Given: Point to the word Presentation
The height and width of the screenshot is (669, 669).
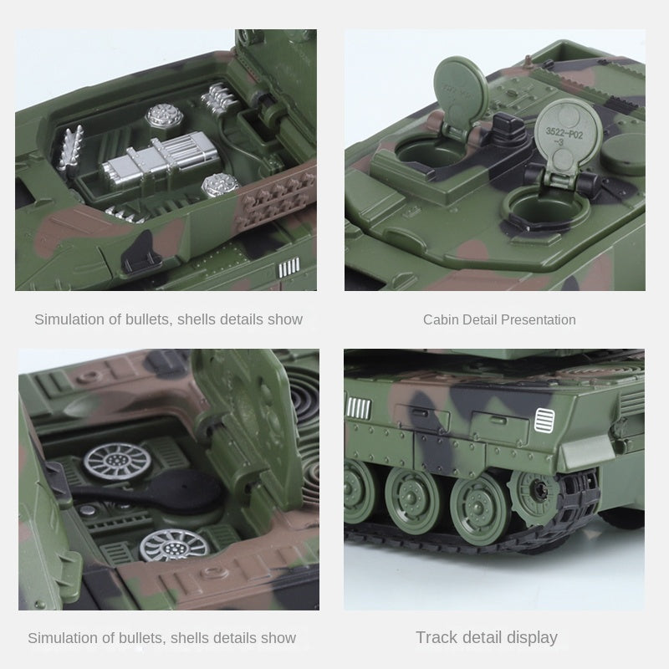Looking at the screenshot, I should click(x=535, y=319).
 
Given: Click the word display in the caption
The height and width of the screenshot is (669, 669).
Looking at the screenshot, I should click(x=527, y=637).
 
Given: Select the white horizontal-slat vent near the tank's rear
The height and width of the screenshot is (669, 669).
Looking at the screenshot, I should click(x=544, y=418).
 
